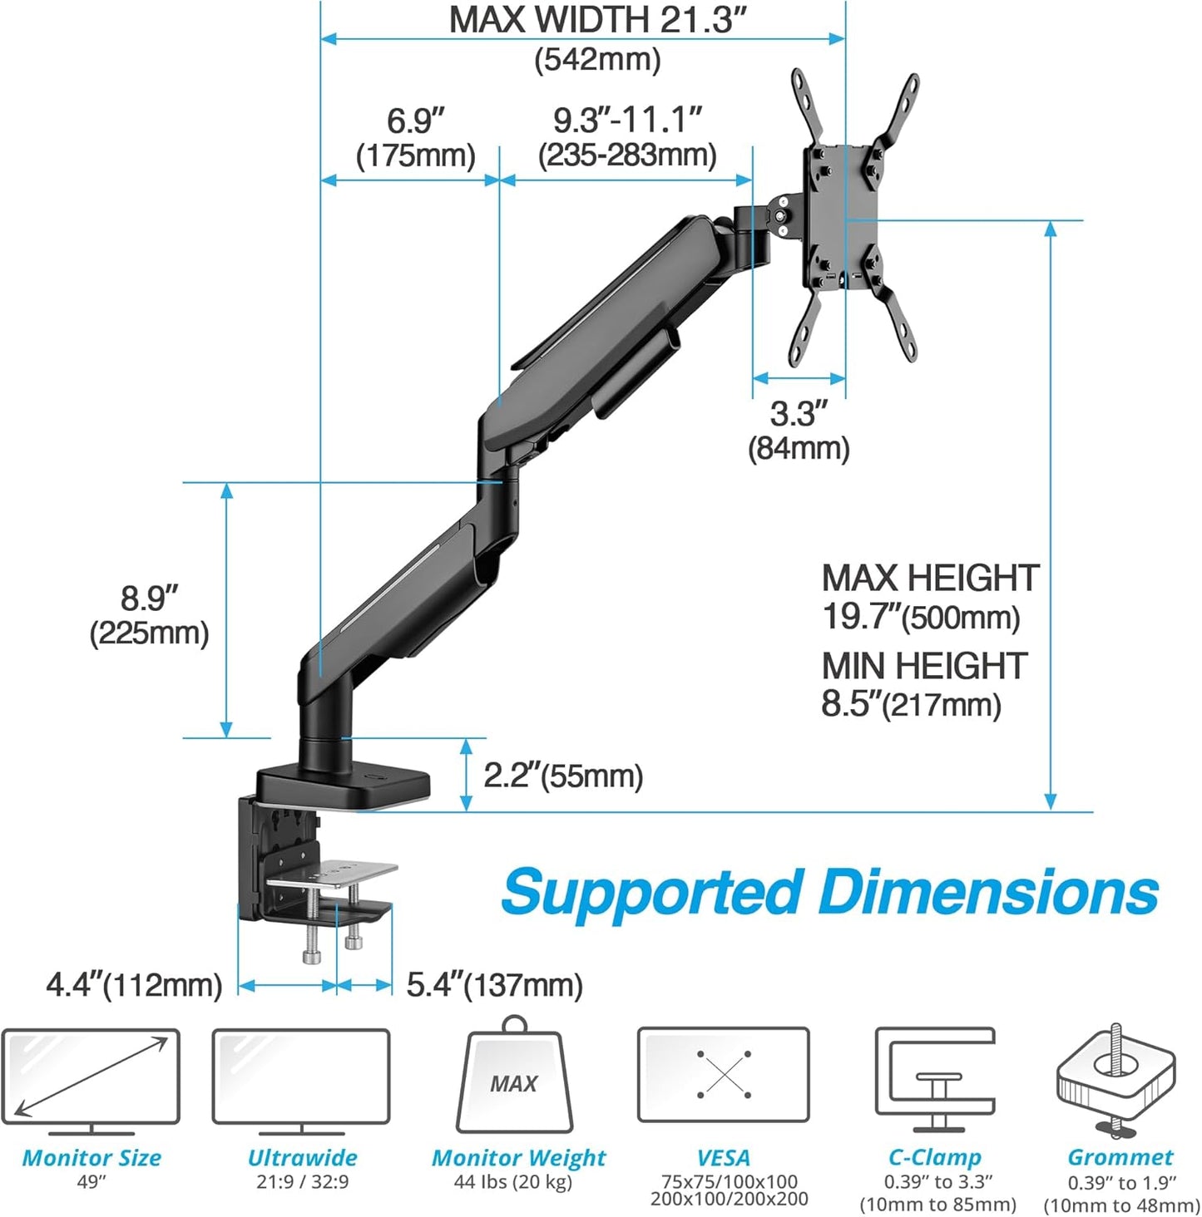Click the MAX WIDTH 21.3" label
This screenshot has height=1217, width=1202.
click(x=597, y=20)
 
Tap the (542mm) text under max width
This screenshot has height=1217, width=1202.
click(x=597, y=60)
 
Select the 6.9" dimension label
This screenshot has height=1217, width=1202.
click(x=415, y=121)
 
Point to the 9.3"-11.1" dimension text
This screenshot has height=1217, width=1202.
click(x=627, y=121)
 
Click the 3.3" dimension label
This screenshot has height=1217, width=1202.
click(x=799, y=413)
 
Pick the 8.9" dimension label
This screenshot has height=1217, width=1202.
click(x=150, y=598)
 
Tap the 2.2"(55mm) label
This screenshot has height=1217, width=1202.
click(x=563, y=776)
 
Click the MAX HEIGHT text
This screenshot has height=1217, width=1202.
click(x=930, y=579)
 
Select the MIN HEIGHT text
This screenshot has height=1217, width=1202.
click(x=924, y=666)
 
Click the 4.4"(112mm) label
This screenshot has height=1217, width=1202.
click(x=134, y=985)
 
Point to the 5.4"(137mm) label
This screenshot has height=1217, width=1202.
click(x=494, y=985)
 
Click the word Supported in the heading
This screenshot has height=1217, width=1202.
click(x=652, y=894)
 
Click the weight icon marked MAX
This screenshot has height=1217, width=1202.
click(x=514, y=1081)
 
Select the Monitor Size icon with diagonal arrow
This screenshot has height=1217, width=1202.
click(x=90, y=1077)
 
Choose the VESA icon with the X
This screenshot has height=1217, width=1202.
click(x=723, y=1075)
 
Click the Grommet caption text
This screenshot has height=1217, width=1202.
click(x=1120, y=1157)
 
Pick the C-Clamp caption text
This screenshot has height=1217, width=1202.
click(x=935, y=1157)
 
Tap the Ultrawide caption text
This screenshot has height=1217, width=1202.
click(x=302, y=1157)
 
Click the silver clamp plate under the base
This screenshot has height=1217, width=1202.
click(x=333, y=875)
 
